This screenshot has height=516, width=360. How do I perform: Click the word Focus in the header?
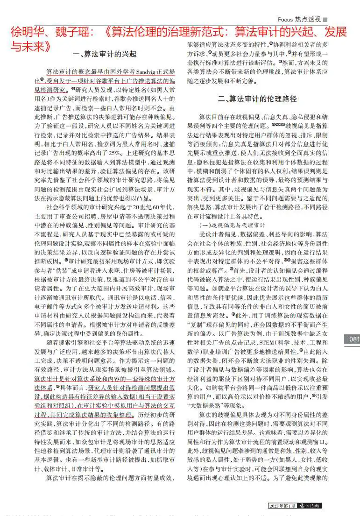click(x=285, y=19)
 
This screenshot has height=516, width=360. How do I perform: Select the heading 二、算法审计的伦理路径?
click(x=257, y=99)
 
